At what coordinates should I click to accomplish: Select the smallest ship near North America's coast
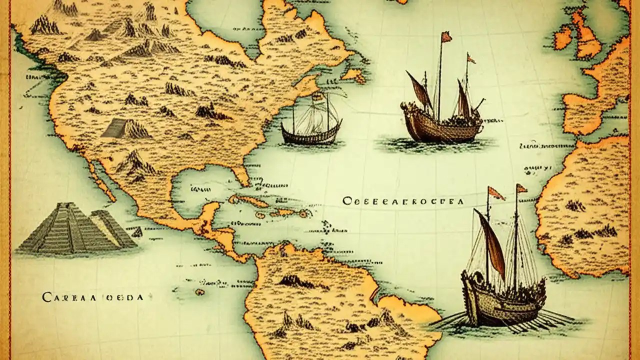tap(311, 125)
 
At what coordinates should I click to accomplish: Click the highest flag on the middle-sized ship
tap(445, 36)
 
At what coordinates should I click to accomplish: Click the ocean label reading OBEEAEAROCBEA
tap(403, 201)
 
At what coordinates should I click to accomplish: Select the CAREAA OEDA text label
tap(93, 297)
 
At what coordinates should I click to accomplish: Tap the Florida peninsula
tap(241, 175)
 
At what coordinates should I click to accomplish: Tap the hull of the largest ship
tap(500, 305)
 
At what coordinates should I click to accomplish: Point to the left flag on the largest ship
tap(496, 192)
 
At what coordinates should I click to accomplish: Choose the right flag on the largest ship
tap(521, 188)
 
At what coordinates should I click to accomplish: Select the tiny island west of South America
tap(199, 291)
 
